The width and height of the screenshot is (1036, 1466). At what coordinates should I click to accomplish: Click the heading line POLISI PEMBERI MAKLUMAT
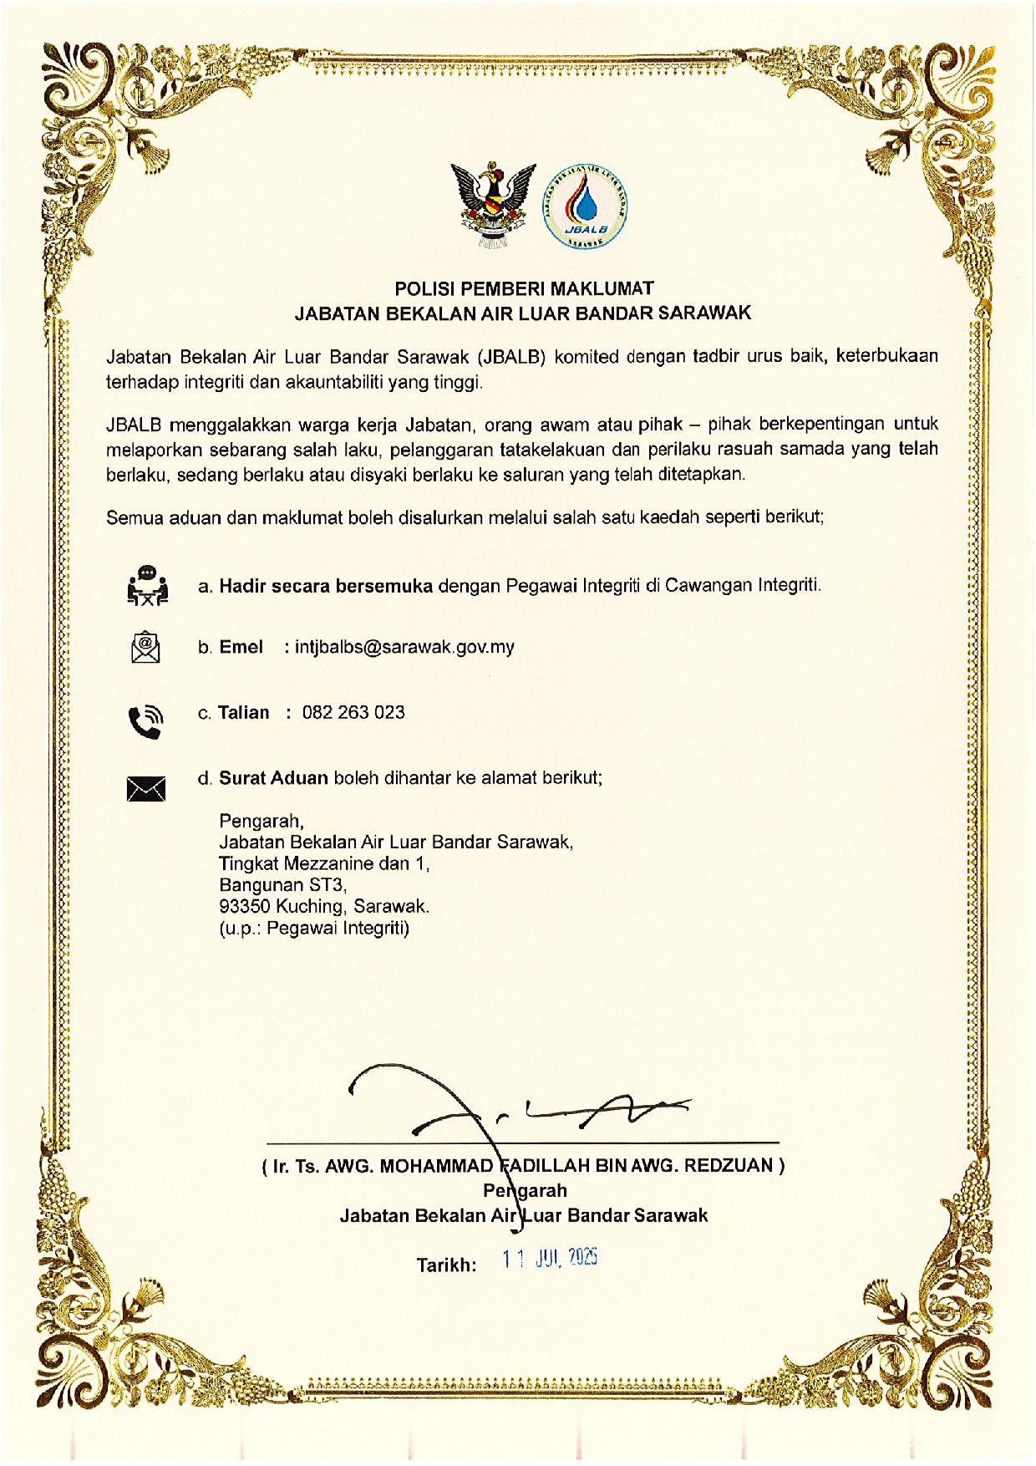(523, 288)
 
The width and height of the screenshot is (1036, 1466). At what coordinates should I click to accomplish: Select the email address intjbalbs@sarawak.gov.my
(404, 647)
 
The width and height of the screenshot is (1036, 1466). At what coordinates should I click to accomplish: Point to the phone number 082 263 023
(353, 712)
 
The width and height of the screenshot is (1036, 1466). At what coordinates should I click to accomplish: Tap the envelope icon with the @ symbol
(145, 646)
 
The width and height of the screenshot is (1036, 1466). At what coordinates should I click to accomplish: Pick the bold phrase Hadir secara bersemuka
(326, 585)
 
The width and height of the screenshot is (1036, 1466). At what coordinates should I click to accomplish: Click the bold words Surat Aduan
(274, 777)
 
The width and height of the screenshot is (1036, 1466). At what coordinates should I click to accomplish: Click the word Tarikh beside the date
(446, 1265)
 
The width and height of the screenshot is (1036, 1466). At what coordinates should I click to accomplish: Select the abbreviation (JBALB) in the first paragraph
(512, 357)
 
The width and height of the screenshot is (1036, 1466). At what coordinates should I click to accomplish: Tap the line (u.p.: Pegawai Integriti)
(314, 928)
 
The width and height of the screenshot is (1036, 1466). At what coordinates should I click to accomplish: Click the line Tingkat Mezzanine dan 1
(323, 863)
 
